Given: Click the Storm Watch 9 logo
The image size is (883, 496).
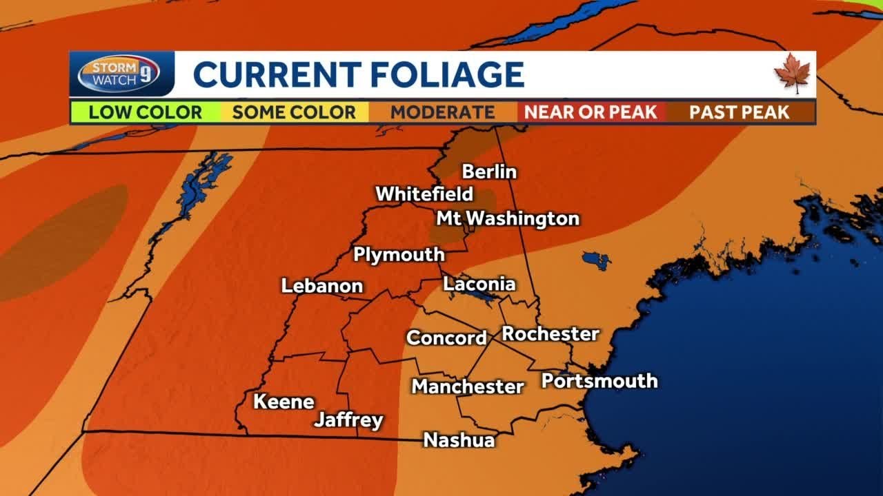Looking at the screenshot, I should click(x=119, y=73).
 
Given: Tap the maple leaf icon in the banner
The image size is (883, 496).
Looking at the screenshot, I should click(x=792, y=73).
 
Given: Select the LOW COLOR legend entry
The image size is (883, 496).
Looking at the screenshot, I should click(x=145, y=112).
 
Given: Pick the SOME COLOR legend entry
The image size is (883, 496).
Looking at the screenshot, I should click(x=294, y=112).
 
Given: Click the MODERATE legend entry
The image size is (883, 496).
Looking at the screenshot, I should click(x=442, y=112).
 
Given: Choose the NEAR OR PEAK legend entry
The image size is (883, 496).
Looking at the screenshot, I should click(x=591, y=112).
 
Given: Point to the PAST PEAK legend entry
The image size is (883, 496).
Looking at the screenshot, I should click(x=740, y=112).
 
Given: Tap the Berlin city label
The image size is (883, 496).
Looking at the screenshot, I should click(x=489, y=172).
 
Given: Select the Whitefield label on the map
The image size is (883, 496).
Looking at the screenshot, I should click(x=424, y=194).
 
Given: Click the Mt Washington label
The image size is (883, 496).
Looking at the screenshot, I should click(x=508, y=219).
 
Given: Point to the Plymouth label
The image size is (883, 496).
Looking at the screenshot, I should click(x=399, y=255).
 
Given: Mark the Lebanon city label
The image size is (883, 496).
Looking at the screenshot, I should click(x=321, y=286).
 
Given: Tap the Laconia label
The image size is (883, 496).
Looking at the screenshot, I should click(x=479, y=284).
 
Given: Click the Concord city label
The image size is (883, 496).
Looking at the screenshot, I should click(x=446, y=338).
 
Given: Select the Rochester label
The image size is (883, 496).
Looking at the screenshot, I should click(x=550, y=334).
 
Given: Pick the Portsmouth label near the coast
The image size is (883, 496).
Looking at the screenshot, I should click(x=599, y=381).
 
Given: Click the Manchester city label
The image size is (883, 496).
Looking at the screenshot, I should click(x=468, y=386).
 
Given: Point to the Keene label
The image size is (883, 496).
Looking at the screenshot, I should click(x=284, y=402).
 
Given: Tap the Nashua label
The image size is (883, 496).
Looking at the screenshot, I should click(x=459, y=440).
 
